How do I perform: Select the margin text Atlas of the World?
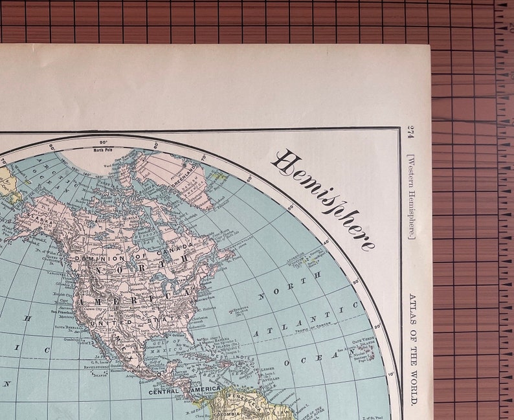coord(413,350)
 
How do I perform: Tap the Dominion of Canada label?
coord(133,250)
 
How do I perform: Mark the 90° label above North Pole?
coord(102,142)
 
